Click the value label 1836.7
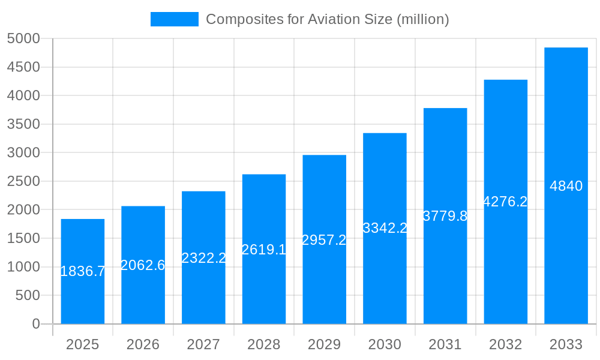[83, 271]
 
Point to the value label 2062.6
[143, 265]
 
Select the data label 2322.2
[203, 258]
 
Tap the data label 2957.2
[324, 240]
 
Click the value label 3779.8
[445, 216]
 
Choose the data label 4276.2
[505, 202]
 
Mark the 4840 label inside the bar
[566, 186]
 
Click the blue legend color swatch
[174, 19]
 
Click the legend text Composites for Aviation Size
[328, 19]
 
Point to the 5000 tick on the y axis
[23, 39]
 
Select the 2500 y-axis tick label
[23, 181]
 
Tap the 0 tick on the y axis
[35, 324]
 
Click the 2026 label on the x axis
[143, 344]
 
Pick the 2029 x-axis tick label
[324, 344]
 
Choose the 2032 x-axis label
[505, 344]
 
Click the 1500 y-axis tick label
[23, 238]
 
